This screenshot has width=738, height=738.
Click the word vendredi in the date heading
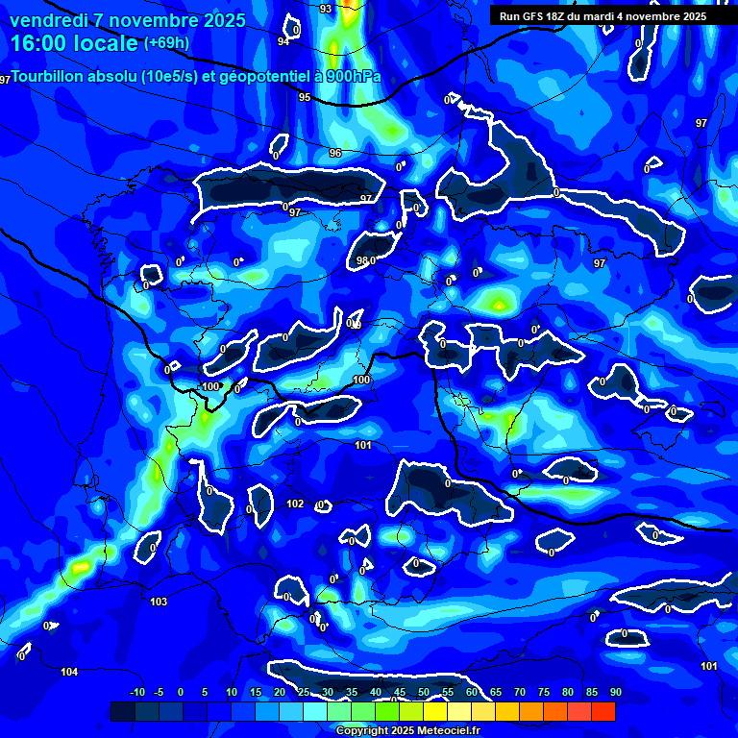48,20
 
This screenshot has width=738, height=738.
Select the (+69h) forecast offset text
166,43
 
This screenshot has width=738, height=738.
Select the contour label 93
326,9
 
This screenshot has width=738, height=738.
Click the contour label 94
283,41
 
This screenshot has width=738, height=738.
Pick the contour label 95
305,97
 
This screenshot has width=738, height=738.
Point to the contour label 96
335,153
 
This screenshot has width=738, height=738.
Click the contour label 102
295,504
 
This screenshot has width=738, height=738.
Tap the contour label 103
159,602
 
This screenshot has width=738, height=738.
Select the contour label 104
69,672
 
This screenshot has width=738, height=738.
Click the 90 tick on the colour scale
615,692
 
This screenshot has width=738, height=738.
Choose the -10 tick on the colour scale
136,692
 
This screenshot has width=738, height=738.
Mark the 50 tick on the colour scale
423,692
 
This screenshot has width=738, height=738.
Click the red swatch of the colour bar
603,711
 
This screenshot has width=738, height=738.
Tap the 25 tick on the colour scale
303,692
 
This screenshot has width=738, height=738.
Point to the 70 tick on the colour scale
519,692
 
